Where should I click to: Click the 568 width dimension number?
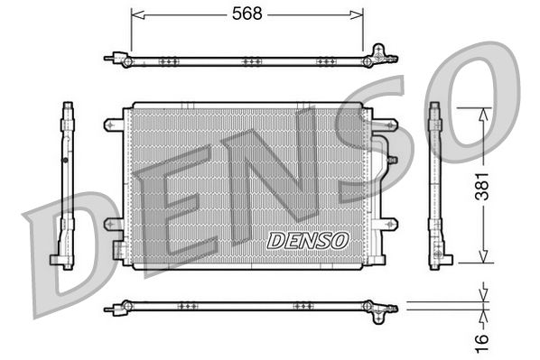click(x=247, y=14)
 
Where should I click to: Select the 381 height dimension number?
click(x=486, y=185)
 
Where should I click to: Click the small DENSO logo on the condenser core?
click(x=308, y=240)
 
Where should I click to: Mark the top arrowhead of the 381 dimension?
click(x=486, y=112)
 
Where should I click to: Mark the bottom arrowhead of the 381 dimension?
click(x=486, y=259)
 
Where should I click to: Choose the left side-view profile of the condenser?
click(x=66, y=185)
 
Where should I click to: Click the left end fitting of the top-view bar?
click(x=114, y=60)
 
